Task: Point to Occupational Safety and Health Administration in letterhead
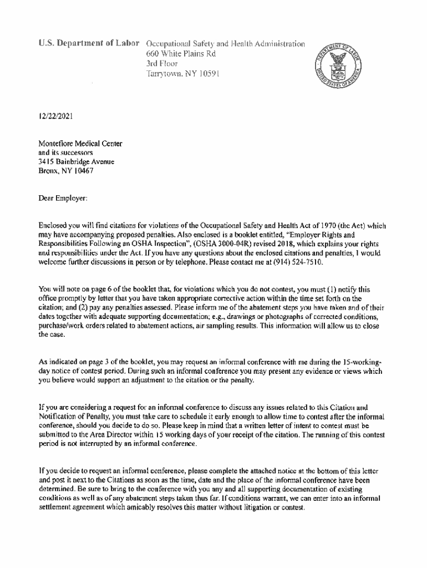[225, 44]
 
